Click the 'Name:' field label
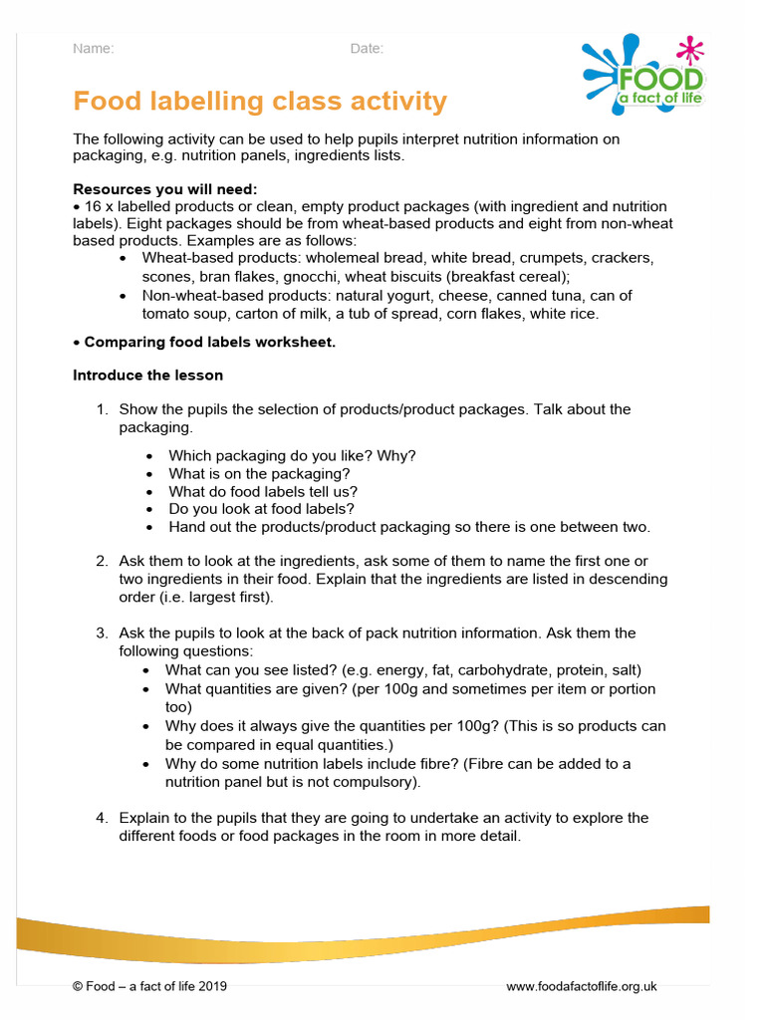pyautogui.click(x=94, y=49)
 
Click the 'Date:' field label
pyautogui.click(x=367, y=49)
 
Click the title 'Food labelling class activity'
pyautogui.click(x=260, y=102)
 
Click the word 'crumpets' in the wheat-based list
pyautogui.click(x=535, y=258)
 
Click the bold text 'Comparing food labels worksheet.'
pyautogui.click(x=209, y=343)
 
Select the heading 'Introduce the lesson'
pyautogui.click(x=148, y=376)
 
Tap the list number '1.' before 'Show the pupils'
pyautogui.click(x=102, y=409)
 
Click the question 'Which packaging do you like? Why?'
pyautogui.click(x=292, y=456)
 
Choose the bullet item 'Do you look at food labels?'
pyautogui.click(x=262, y=509)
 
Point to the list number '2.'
pyautogui.click(x=102, y=562)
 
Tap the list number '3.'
pyautogui.click(x=102, y=634)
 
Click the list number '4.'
pyautogui.click(x=102, y=819)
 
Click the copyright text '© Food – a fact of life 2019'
pyautogui.click(x=150, y=986)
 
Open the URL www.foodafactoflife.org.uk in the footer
pyautogui.click(x=582, y=986)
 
